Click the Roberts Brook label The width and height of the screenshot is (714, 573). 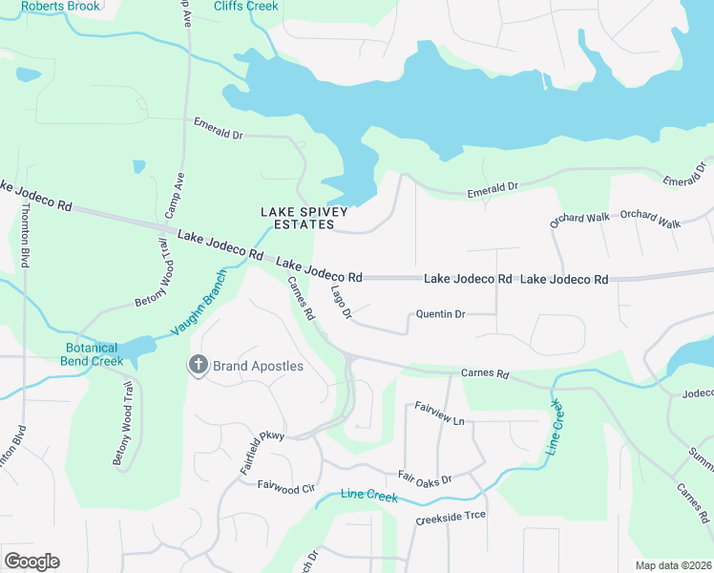[x=59, y=6]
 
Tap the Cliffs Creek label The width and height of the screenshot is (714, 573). [x=246, y=6]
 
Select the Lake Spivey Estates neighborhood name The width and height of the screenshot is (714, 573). [x=298, y=218]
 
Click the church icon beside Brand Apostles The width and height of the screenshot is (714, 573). [x=198, y=366]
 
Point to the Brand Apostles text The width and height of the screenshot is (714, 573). [x=257, y=367]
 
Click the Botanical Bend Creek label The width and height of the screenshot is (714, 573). [x=94, y=354]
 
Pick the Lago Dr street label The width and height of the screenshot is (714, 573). [x=342, y=301]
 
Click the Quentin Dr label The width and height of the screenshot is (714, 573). [x=440, y=314]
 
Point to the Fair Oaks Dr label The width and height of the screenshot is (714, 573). [x=424, y=477]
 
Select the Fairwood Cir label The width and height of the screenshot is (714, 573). [x=285, y=486]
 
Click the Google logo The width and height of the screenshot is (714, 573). [x=31, y=562]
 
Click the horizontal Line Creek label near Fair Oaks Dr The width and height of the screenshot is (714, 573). [x=369, y=496]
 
